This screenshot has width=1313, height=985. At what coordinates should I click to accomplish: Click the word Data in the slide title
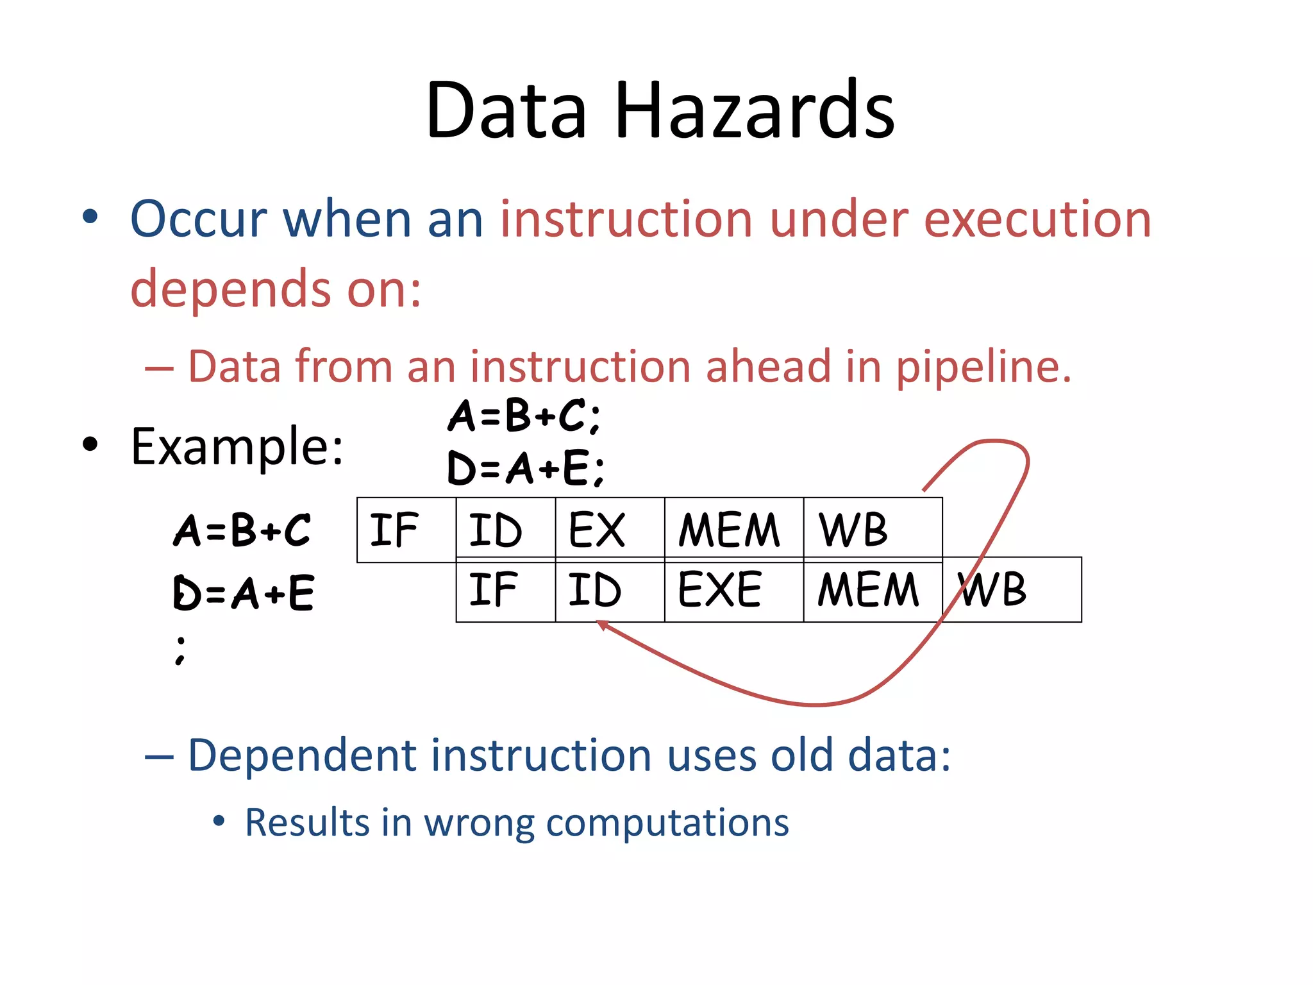pos(506,110)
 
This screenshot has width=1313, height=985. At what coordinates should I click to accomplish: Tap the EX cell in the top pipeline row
pos(609,530)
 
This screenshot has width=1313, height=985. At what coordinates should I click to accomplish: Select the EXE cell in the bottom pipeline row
pos(733,590)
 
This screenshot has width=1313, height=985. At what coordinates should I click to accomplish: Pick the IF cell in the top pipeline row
pos(406,530)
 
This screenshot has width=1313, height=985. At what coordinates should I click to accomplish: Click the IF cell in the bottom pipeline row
pos(505,590)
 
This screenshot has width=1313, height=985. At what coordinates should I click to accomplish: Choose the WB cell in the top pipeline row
pos(872,530)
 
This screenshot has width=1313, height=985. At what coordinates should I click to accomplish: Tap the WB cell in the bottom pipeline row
pos(1012,590)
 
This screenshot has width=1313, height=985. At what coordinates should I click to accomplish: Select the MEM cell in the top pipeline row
pos(733,530)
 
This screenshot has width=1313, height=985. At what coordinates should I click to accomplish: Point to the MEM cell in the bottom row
pos(872,590)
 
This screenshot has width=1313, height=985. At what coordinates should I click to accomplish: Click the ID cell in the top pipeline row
pos(505,530)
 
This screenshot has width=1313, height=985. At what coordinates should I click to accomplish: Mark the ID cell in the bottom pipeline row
pos(609,590)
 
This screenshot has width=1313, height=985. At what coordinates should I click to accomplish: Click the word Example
pos(237,446)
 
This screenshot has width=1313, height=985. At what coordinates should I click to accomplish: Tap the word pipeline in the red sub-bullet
pos(983,367)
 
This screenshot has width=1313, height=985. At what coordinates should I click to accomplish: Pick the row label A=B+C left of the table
pos(242,531)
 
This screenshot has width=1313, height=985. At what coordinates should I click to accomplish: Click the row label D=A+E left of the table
pos(244,593)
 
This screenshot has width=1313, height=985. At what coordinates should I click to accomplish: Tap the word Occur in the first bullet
pos(198,219)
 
